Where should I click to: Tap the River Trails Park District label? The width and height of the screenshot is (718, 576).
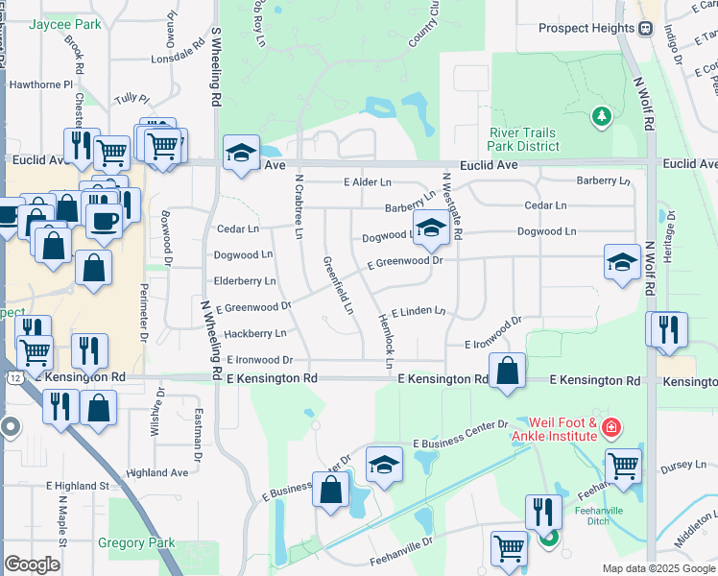pos(523,139)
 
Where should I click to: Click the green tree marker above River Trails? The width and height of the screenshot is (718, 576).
pos(602,116)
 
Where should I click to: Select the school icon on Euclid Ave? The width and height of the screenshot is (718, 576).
pos(240,152)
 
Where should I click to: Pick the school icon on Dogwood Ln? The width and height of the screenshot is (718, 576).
pos(432,228)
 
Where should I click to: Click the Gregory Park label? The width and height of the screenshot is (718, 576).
pos(136,542)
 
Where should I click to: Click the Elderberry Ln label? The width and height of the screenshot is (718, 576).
pos(245,281)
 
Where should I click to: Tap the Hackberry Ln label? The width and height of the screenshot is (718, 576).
pos(254,334)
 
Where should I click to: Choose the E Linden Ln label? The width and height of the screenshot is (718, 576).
pos(419,311)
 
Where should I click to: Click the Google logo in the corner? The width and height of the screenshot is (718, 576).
pos(32,564)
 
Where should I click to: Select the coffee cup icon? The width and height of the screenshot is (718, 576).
pos(104,220)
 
